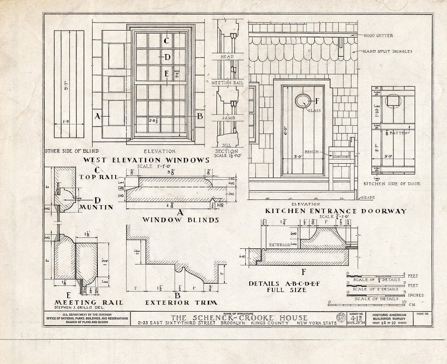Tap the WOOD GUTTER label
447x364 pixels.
[378, 35]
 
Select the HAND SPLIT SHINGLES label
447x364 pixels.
[388, 52]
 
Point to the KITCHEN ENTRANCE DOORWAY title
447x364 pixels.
[336, 211]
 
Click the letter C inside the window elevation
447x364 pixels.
[166, 41]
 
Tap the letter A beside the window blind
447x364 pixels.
[97, 116]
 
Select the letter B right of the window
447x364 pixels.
[200, 116]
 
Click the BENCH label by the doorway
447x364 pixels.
[311, 152]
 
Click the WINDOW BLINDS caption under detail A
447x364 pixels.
[180, 220]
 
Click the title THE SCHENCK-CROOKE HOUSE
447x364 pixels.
[239, 318]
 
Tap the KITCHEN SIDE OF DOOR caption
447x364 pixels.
[392, 184]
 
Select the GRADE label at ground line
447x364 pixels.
[368, 198]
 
